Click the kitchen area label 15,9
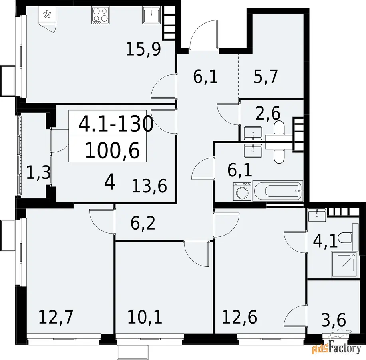143,49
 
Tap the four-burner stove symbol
101,16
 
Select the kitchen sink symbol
151,15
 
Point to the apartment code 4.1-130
116,124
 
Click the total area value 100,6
113,151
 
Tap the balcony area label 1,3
38,173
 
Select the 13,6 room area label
149,186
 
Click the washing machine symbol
242,192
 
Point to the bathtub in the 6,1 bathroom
278,191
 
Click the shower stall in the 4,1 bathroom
344,265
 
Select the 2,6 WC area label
268,113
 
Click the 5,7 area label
266,76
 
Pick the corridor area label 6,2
143,223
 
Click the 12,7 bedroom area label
56,317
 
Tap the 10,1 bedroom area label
145,317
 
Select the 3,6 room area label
333,320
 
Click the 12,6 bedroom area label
239,317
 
